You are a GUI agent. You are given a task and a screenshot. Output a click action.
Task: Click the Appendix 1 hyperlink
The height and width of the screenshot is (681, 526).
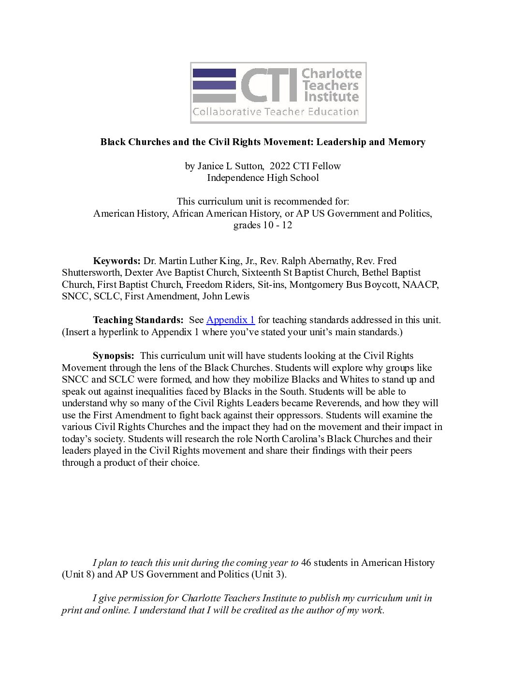tap(231, 320)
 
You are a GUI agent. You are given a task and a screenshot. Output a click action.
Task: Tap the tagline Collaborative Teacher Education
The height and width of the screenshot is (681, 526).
tap(276, 112)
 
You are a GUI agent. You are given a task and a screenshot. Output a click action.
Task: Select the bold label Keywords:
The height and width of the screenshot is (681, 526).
tap(117, 261)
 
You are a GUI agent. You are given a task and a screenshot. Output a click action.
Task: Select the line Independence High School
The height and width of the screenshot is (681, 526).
tap(263, 178)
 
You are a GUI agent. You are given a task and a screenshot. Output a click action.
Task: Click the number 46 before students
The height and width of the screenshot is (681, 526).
tap(306, 563)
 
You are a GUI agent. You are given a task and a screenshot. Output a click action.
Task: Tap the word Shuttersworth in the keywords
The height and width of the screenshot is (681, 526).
tap(90, 273)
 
